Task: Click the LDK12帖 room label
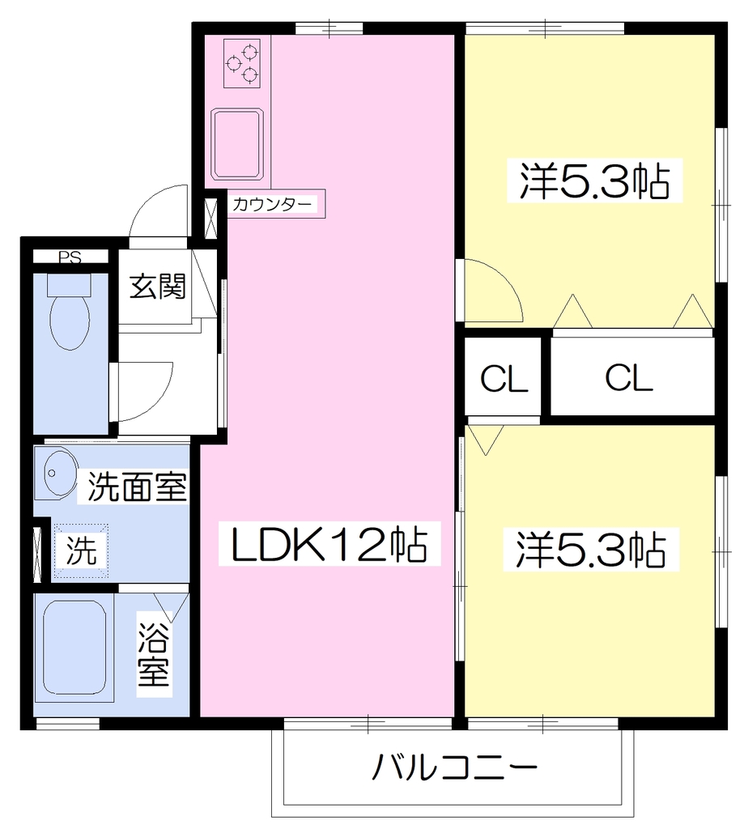point(329,544)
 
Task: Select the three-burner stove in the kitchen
point(241,63)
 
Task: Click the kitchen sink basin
point(237,144)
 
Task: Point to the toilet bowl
point(70,319)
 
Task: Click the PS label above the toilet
point(70,257)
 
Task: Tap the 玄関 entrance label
point(158,286)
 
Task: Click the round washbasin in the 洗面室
point(55,472)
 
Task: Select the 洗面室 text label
point(137,487)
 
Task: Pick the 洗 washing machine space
point(81,551)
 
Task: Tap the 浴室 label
point(154,654)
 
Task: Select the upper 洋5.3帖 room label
point(594,180)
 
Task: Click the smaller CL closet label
point(504,378)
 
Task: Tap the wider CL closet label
point(629,377)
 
